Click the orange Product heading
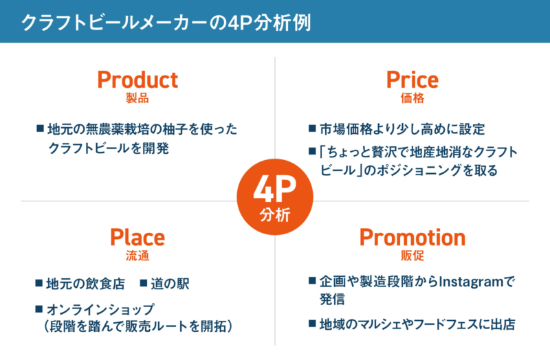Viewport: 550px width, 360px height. point(137,80)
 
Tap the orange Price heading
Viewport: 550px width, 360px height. point(412,80)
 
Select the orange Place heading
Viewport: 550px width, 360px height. point(137,237)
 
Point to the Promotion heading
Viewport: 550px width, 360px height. point(412,237)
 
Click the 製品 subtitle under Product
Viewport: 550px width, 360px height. point(137,98)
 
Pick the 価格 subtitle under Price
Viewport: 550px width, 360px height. point(412,98)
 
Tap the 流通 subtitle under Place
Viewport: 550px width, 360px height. point(137,256)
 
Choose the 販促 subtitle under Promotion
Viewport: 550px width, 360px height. point(412,256)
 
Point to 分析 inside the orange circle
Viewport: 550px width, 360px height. point(275,215)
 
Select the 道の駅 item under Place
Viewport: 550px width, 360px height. point(170,284)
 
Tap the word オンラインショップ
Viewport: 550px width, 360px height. point(100,309)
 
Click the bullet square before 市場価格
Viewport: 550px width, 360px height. point(312,128)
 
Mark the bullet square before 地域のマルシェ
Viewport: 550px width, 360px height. point(312,323)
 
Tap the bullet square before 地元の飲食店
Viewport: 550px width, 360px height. point(39,282)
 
